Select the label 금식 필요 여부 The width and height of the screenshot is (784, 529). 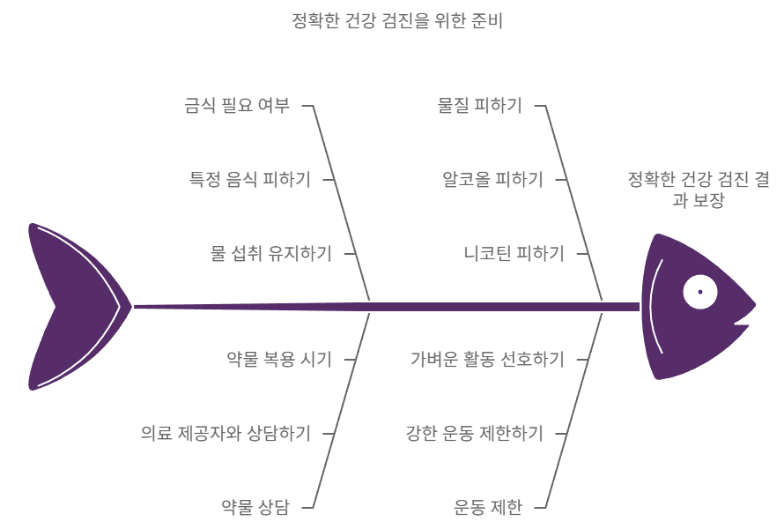click(237, 106)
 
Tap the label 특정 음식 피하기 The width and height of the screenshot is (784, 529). click(250, 180)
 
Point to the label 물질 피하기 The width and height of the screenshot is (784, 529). click(480, 106)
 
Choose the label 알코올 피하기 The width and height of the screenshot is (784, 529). click(492, 180)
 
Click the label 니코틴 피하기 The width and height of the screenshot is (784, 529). click(514, 254)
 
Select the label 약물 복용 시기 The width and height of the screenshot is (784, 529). click(279, 359)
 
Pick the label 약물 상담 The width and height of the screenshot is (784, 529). click(255, 507)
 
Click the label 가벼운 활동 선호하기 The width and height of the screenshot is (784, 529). click(487, 359)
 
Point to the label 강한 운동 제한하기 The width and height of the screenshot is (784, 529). click(474, 433)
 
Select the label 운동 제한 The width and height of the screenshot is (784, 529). click(488, 507)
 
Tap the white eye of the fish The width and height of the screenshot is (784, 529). click(700, 292)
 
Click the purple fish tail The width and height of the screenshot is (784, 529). click(70, 307)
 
